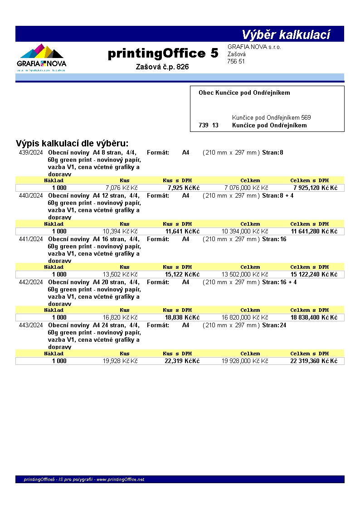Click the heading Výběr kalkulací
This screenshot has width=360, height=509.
tap(286, 35)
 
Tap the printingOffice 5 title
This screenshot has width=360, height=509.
tap(163, 53)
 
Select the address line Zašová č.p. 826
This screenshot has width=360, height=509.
tap(162, 67)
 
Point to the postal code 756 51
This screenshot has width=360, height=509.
tap(236, 62)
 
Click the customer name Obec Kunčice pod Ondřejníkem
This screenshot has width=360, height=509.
tap(244, 93)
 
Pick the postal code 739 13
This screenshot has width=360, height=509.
tap(208, 126)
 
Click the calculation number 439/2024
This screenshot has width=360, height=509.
tap(31, 153)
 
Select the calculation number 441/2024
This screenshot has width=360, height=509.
tap(31, 239)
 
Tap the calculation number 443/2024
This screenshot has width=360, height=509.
tap(31, 325)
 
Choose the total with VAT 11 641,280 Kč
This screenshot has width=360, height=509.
tap(314, 231)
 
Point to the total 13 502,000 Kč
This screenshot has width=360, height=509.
tap(244, 275)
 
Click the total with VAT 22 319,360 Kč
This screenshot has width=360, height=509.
tap(314, 361)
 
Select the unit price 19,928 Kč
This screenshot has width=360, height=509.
tap(120, 361)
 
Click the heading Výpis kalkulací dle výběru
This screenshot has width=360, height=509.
tap(72, 144)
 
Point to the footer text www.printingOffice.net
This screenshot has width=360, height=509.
tap(120, 480)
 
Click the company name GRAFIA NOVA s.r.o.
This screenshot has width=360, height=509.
tap(254, 47)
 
